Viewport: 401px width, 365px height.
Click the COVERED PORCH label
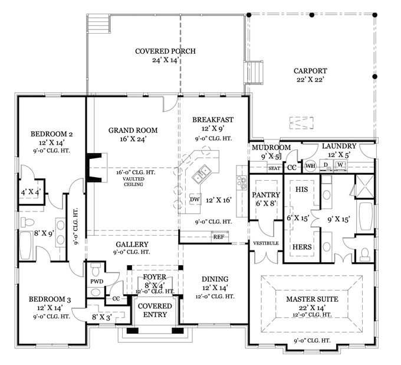click(x=165, y=51)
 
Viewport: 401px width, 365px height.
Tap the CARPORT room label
click(x=310, y=71)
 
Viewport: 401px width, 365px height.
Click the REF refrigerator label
click(x=219, y=236)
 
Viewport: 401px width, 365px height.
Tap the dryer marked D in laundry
click(x=326, y=165)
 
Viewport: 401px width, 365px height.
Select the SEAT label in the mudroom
click(x=274, y=168)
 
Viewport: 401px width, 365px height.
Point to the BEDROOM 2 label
click(x=51, y=133)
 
